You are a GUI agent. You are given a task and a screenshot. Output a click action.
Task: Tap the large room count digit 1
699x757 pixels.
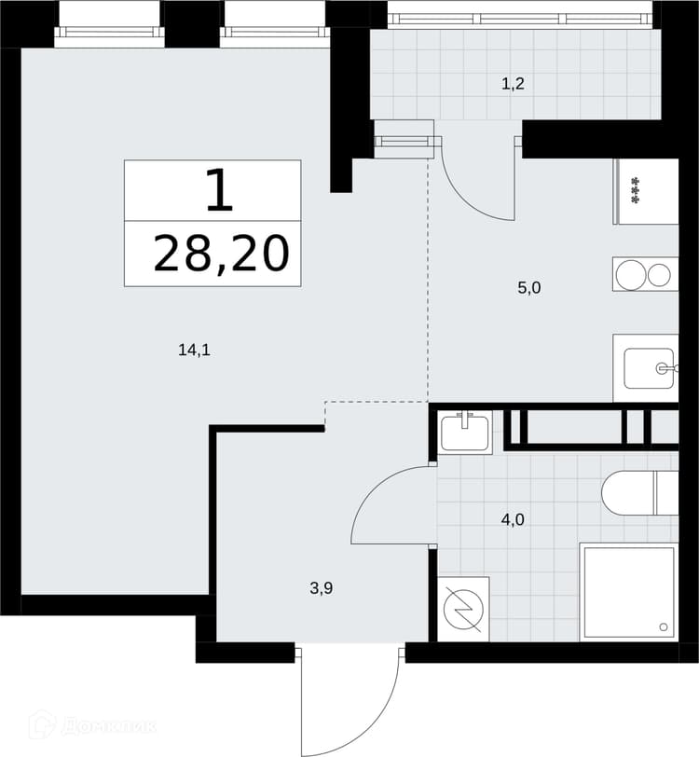220,190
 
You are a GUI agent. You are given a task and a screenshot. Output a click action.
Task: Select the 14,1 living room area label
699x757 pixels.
194,350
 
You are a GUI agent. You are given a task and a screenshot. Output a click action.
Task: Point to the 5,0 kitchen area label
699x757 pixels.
529,288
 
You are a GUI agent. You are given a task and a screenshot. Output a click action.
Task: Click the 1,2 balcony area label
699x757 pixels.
513,85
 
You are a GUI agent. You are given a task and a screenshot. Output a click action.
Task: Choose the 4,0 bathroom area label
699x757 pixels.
513,520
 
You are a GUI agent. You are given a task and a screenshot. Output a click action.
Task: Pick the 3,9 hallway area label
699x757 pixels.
322,588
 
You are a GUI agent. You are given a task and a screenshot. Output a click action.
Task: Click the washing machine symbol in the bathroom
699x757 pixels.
463,610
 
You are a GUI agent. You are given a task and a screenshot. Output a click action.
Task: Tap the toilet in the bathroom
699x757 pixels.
639,493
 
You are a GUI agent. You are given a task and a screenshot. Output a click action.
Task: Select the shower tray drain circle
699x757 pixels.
664,627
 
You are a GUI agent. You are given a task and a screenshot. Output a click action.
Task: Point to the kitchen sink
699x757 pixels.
649,369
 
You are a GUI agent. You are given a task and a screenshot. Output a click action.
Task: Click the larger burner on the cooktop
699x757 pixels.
631,275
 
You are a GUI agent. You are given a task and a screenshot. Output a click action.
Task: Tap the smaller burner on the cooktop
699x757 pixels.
659,275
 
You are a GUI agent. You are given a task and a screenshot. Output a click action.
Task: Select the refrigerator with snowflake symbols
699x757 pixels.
646,191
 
